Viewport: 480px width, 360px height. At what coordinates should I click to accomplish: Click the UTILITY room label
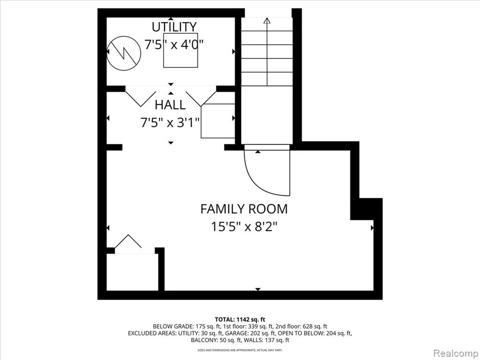tap(174, 27)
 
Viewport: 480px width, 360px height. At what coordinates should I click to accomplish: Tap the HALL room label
tap(170, 105)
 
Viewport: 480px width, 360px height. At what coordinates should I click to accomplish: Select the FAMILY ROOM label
tap(244, 209)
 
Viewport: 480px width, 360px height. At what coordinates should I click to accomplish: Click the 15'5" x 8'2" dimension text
tap(244, 227)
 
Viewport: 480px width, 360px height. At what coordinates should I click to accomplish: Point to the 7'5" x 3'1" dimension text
tap(170, 123)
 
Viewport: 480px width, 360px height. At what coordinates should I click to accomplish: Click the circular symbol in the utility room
tap(124, 53)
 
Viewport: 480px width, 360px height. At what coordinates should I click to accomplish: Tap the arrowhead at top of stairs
tap(267, 21)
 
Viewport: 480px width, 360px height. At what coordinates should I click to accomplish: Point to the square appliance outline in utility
tap(180, 50)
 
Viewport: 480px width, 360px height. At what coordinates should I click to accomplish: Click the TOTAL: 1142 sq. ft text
tap(240, 320)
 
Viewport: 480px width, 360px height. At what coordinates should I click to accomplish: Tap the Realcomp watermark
tap(456, 353)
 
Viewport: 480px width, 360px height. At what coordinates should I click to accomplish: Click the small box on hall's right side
tap(217, 121)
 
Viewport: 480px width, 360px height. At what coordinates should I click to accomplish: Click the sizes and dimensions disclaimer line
tap(240, 350)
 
